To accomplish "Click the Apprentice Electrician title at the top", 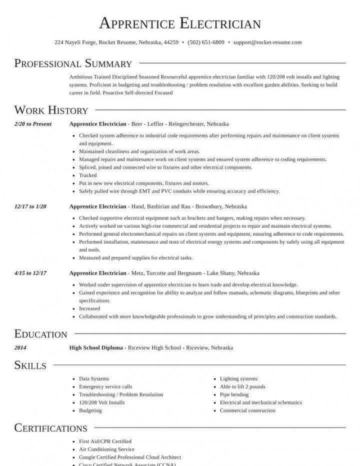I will click(x=180, y=23).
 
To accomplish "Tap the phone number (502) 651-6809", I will click(x=206, y=42).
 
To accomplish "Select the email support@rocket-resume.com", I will click(x=267, y=42).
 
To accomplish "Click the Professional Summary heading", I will click(x=73, y=63).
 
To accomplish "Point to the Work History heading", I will click(x=51, y=110).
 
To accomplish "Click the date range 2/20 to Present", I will click(x=33, y=123).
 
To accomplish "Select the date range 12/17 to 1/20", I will click(x=30, y=206).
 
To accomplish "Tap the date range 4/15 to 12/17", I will click(x=30, y=273).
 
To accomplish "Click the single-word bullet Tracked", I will click(x=88, y=175).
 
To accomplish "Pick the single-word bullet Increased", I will click(x=90, y=308).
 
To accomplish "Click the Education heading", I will click(x=40, y=334).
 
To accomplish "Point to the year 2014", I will click(x=20, y=347).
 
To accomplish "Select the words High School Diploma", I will click(x=96, y=347).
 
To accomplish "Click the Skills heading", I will click(x=30, y=365).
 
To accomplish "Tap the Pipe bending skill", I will click(x=234, y=394).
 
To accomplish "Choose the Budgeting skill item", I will click(x=90, y=410).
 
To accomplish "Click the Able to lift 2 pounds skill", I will click(x=242, y=386).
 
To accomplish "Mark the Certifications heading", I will click(x=51, y=428).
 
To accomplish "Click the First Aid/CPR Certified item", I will click(x=105, y=441).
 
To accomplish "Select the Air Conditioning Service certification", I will click(x=106, y=449).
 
